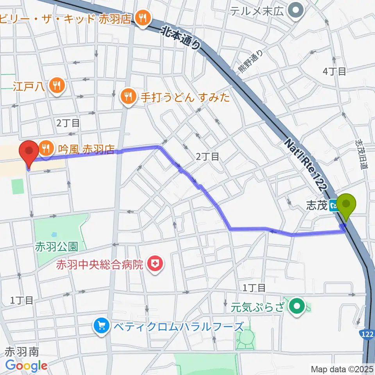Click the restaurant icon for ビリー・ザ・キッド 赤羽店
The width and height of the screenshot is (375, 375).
point(143,17)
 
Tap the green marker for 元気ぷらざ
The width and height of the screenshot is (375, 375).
point(298,305)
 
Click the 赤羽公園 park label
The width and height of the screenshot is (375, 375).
point(57,247)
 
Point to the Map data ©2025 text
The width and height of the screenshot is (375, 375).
point(341,369)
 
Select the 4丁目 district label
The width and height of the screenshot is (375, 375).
point(334,71)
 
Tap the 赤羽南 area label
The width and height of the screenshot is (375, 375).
point(22,351)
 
